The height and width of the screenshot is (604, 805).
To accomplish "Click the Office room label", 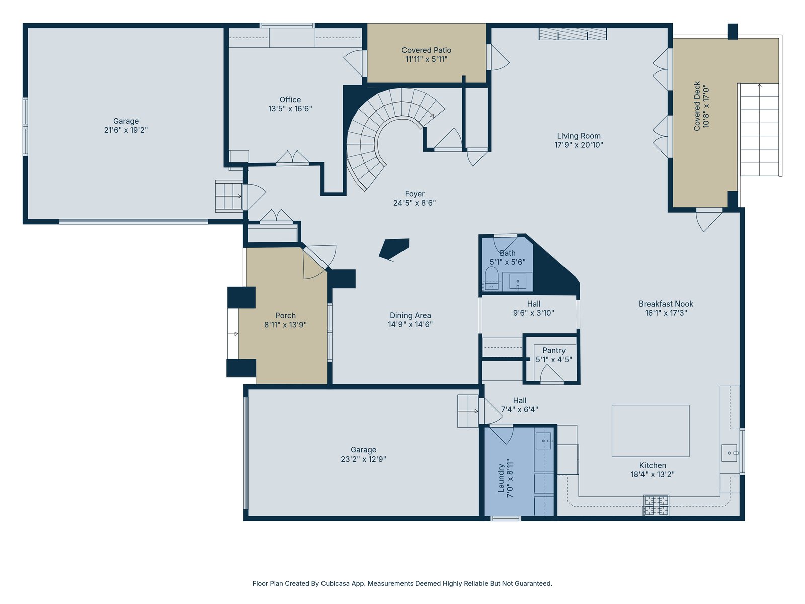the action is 290,99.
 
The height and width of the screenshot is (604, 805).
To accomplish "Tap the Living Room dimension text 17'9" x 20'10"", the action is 579,145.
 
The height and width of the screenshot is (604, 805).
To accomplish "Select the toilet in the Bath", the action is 492,278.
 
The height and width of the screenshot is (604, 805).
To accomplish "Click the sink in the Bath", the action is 518,282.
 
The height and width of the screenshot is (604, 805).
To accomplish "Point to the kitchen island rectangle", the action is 651,430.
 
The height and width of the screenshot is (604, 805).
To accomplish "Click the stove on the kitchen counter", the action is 656,505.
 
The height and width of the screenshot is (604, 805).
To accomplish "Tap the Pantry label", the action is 554,351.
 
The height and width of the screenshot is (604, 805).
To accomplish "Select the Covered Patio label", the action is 426,50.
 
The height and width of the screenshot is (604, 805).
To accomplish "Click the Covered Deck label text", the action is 697,106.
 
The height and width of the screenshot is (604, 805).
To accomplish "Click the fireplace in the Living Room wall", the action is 573,34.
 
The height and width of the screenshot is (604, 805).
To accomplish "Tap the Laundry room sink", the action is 543,441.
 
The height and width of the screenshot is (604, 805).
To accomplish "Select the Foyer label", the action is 415,194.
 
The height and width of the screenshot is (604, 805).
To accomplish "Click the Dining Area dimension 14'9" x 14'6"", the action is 411,324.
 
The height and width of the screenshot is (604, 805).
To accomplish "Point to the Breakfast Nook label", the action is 666,304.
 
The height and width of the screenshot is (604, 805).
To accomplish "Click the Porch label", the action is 285,316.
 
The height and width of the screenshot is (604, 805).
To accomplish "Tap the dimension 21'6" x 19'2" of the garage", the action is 126,130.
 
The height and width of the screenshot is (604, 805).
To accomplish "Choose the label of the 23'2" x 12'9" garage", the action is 363,450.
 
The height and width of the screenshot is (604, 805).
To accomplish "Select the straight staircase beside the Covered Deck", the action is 759,129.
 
